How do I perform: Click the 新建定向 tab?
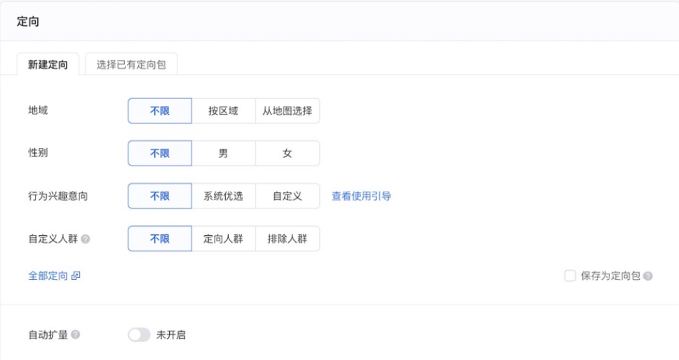[48, 65]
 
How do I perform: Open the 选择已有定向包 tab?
[131, 65]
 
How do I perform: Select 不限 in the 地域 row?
[160, 111]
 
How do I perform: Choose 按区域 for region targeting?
[223, 111]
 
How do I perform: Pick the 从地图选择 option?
[287, 111]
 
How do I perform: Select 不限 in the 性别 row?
[160, 153]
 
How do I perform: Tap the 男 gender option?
[223, 153]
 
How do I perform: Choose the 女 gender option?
[287, 153]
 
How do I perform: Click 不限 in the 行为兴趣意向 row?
[160, 196]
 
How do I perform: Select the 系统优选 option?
[223, 196]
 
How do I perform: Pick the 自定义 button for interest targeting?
[287, 196]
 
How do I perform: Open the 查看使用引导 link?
[361, 196]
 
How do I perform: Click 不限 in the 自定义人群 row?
[160, 239]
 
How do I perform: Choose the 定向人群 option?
[223, 239]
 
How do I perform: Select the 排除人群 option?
[287, 239]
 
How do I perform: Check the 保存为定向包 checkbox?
[570, 276]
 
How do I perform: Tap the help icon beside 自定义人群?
[86, 239]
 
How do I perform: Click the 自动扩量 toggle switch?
[139, 335]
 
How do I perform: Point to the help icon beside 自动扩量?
[76, 335]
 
